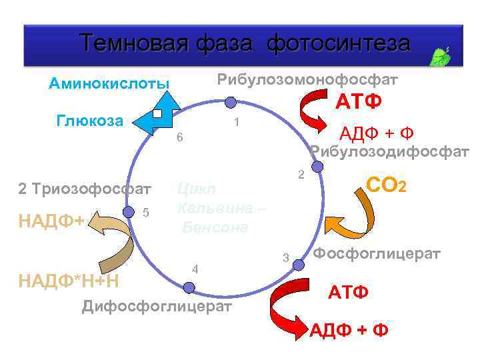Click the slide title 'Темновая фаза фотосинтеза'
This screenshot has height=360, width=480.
[x=245, y=43]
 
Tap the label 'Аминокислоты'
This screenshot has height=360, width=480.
[x=109, y=84]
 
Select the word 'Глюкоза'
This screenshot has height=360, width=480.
[x=90, y=121]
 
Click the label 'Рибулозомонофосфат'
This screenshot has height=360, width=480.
[x=307, y=80]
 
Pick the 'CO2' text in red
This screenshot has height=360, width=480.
[x=386, y=184]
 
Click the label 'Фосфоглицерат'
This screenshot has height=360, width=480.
[x=377, y=254]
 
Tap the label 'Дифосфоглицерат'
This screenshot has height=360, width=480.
[x=157, y=307]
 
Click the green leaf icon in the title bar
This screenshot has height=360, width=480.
[x=441, y=57]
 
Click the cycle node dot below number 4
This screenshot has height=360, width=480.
[x=189, y=287]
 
